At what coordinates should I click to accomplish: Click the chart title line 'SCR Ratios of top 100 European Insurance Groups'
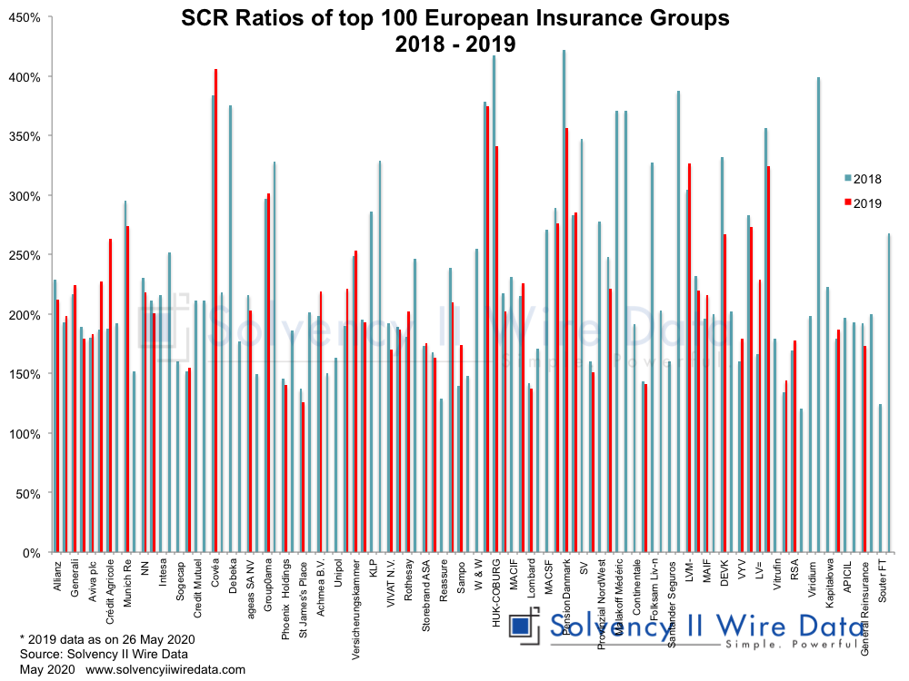click(454, 18)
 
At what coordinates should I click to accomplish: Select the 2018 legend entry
click(864, 179)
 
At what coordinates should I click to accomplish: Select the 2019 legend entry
click(864, 203)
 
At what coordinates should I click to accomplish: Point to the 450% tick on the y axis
click(25, 17)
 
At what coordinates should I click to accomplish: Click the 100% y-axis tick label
click(25, 434)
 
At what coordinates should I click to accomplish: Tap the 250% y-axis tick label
click(25, 255)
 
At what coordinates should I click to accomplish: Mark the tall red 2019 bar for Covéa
click(215, 309)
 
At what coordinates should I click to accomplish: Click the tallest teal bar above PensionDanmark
click(564, 300)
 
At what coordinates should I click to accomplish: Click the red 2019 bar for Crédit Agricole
click(110, 395)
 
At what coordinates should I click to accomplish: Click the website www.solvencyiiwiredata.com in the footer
click(166, 670)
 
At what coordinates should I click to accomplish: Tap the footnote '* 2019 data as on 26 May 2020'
click(106, 639)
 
